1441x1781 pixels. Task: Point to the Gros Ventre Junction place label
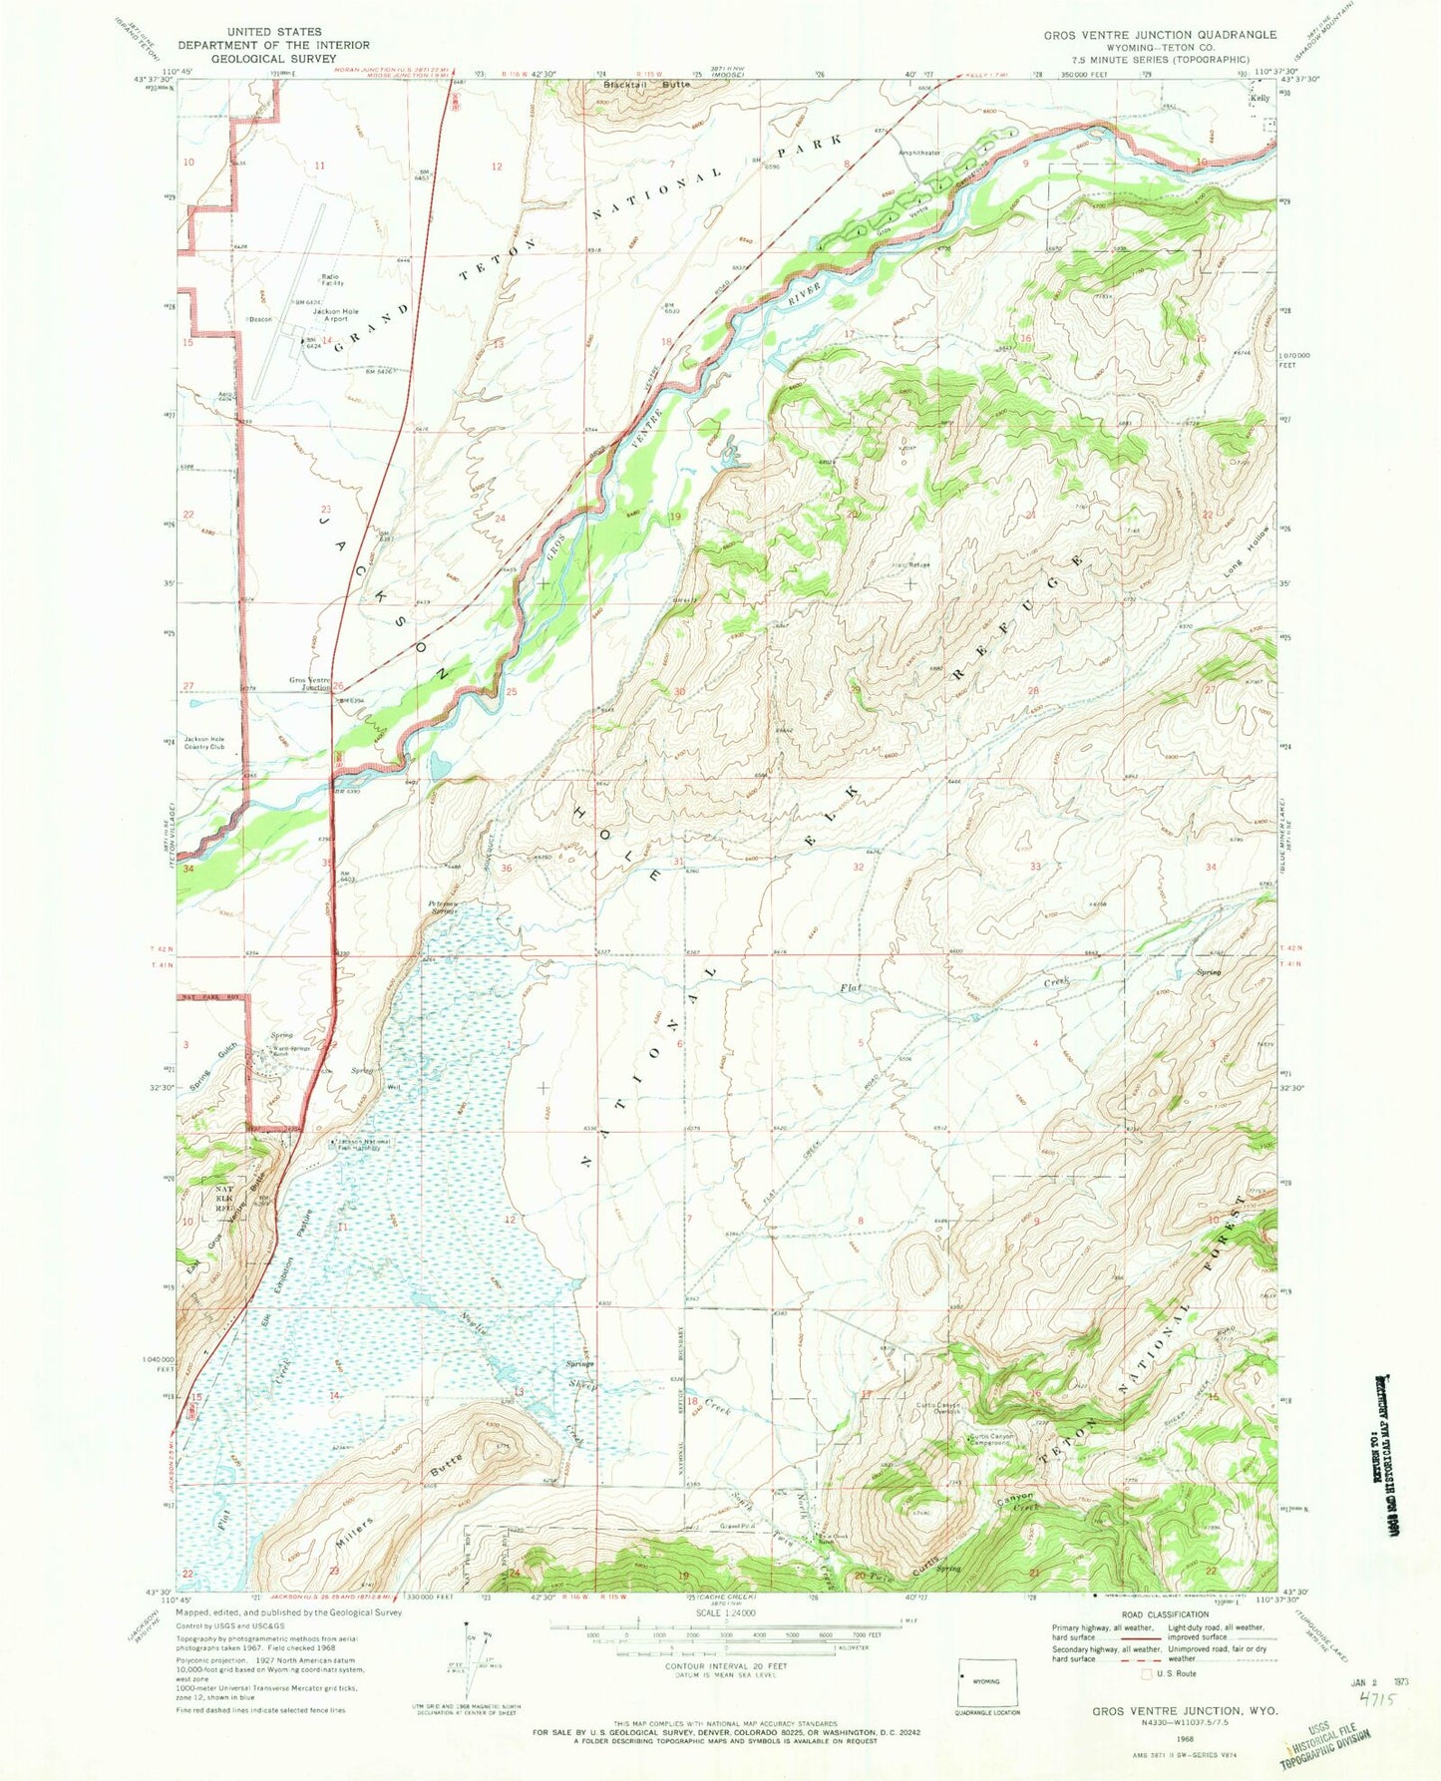[309, 684]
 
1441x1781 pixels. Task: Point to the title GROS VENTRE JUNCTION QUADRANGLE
[1159, 35]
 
